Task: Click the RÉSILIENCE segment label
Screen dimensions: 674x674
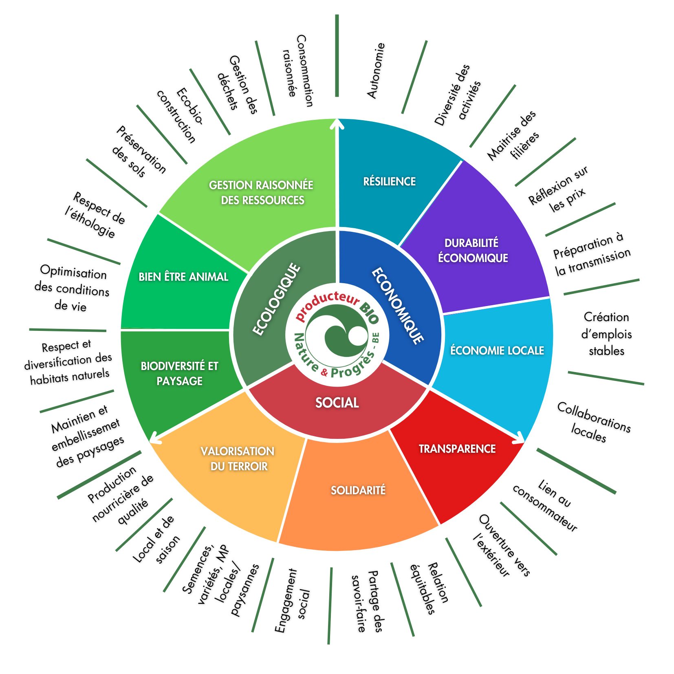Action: (x=389, y=181)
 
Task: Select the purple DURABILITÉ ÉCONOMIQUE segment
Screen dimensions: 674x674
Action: (x=473, y=250)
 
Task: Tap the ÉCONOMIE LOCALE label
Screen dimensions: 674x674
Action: (x=497, y=350)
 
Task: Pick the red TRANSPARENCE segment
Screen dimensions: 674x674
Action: (x=457, y=449)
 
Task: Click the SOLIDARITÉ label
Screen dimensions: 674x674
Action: (x=358, y=490)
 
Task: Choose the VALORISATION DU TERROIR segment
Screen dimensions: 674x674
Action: (x=238, y=458)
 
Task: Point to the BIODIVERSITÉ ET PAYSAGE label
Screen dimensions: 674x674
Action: (x=179, y=373)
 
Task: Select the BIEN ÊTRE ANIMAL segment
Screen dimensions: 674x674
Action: (x=183, y=277)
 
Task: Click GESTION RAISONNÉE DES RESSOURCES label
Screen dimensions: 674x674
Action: (x=262, y=192)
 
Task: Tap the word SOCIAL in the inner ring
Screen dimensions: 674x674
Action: (x=337, y=403)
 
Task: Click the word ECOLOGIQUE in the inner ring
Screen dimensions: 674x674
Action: (x=276, y=300)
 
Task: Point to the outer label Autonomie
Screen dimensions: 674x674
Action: (x=376, y=70)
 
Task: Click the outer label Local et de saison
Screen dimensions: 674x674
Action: (x=156, y=540)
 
